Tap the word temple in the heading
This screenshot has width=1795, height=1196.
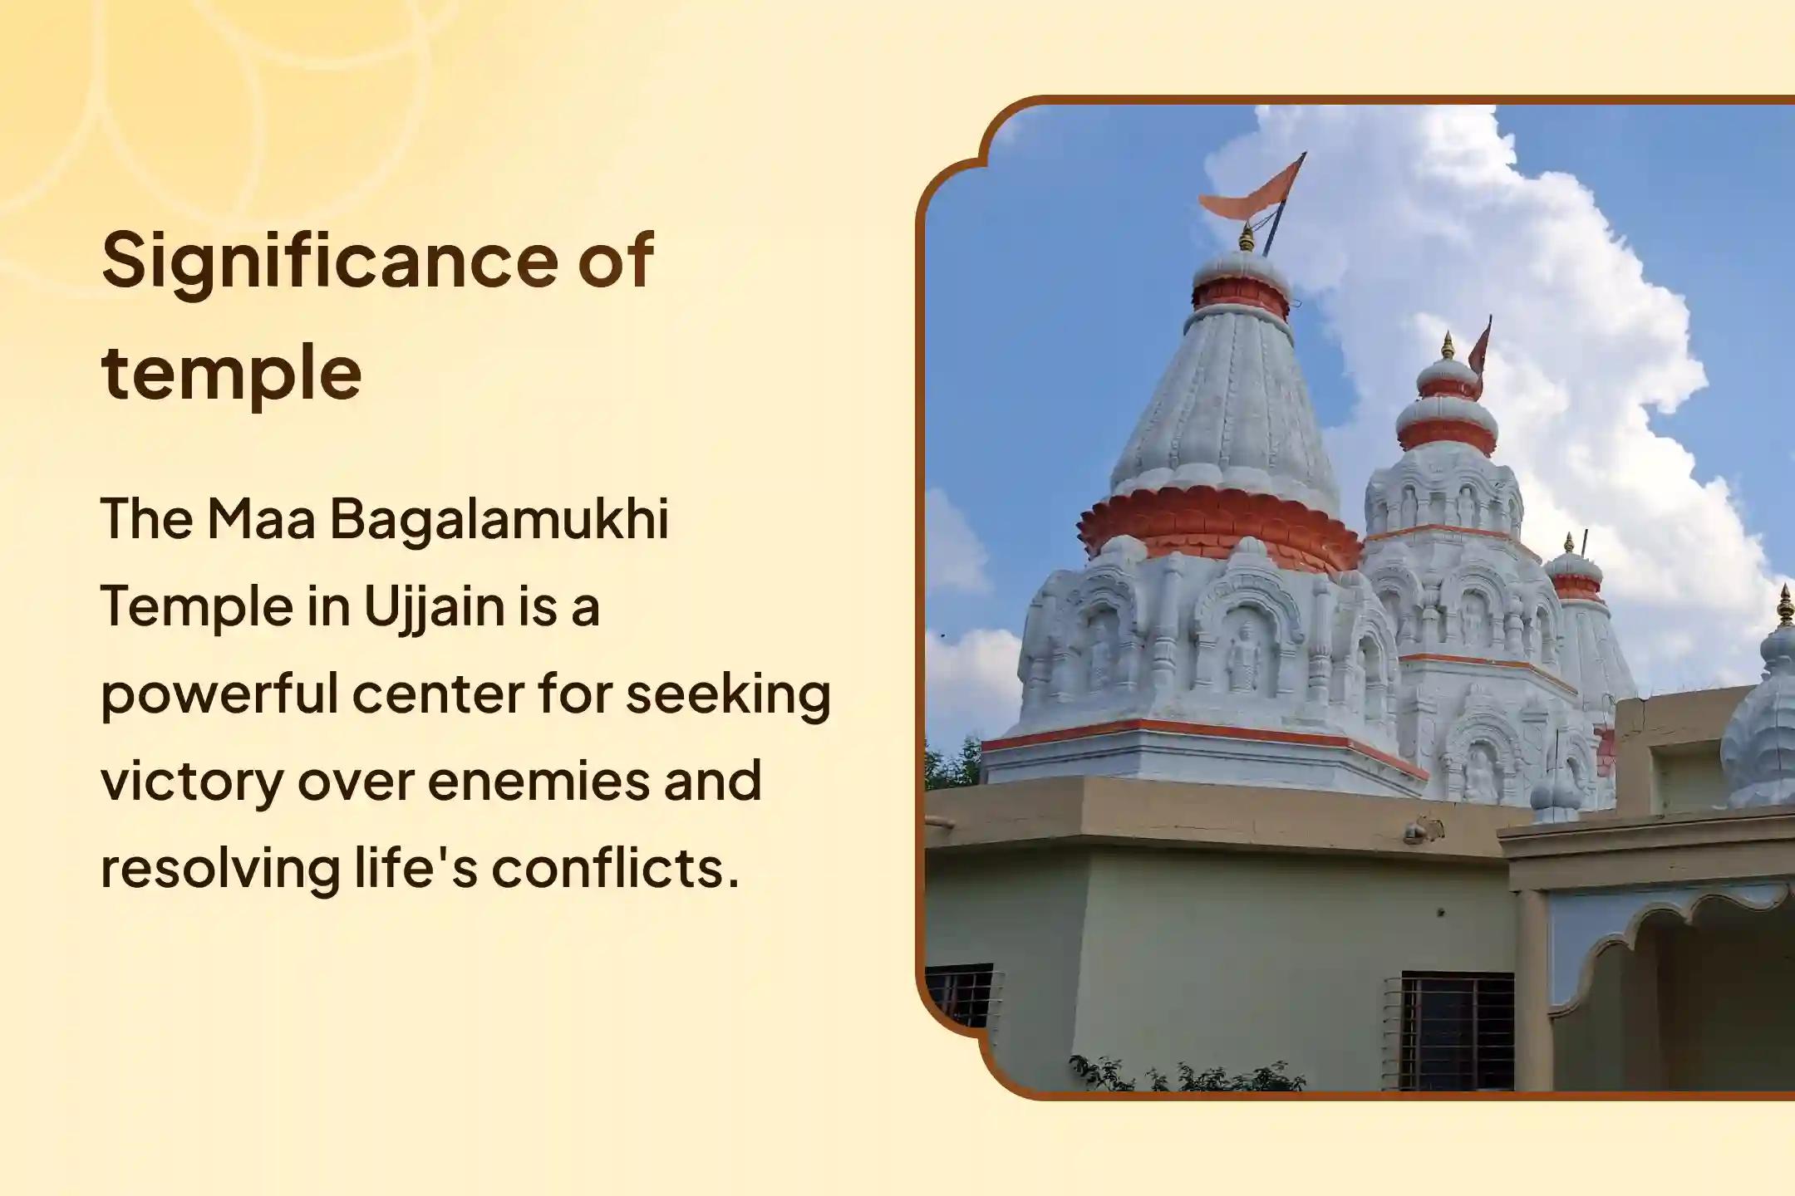(232, 373)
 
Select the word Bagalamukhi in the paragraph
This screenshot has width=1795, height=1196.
(499, 519)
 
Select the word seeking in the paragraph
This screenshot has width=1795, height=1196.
(728, 694)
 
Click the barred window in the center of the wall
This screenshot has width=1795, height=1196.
(1456, 1030)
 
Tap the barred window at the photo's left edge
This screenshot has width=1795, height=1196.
(958, 995)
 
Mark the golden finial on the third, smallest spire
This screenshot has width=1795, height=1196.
(1569, 544)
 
